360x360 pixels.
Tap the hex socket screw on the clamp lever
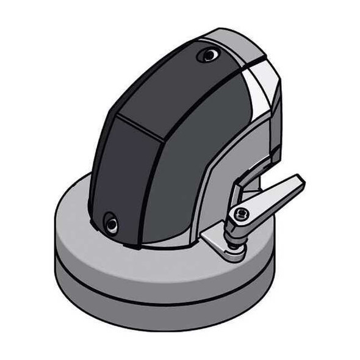tap(241, 213)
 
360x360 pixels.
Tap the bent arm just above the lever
tap(250, 178)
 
